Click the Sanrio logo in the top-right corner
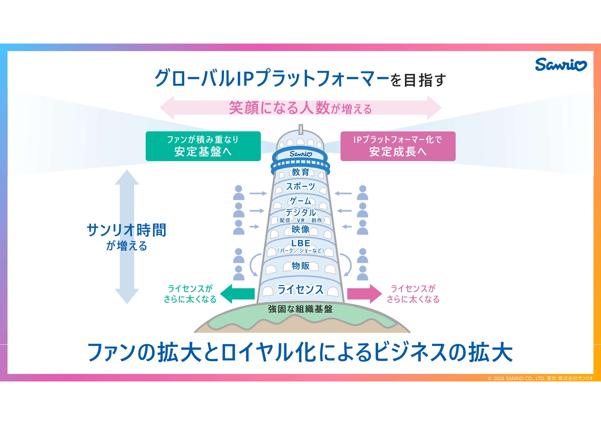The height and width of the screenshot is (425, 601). pos(560,65)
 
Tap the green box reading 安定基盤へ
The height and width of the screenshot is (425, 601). pos(203,146)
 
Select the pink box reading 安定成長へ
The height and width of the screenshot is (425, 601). pos(398,146)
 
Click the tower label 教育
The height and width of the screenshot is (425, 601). pos(300,172)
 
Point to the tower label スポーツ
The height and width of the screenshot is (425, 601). pos(300,186)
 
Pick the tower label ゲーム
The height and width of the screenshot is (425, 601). pos(300,201)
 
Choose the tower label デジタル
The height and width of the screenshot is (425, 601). pos(300,212)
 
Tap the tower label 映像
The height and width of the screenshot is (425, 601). pos(300,229)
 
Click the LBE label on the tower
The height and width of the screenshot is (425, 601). pos(300,243)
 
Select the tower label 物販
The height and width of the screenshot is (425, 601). pos(300,266)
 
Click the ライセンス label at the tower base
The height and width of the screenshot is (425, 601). pos(300,289)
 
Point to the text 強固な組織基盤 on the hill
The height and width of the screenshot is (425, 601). pos(300,309)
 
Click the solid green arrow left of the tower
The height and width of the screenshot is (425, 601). pos(237,294)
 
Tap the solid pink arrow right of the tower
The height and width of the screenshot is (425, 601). pos(364,294)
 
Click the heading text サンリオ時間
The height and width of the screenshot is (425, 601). pos(127,230)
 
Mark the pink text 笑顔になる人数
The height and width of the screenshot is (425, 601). pos(279,107)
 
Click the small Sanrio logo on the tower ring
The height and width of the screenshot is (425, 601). pos(301,154)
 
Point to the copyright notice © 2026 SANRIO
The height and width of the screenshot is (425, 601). pos(540,378)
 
